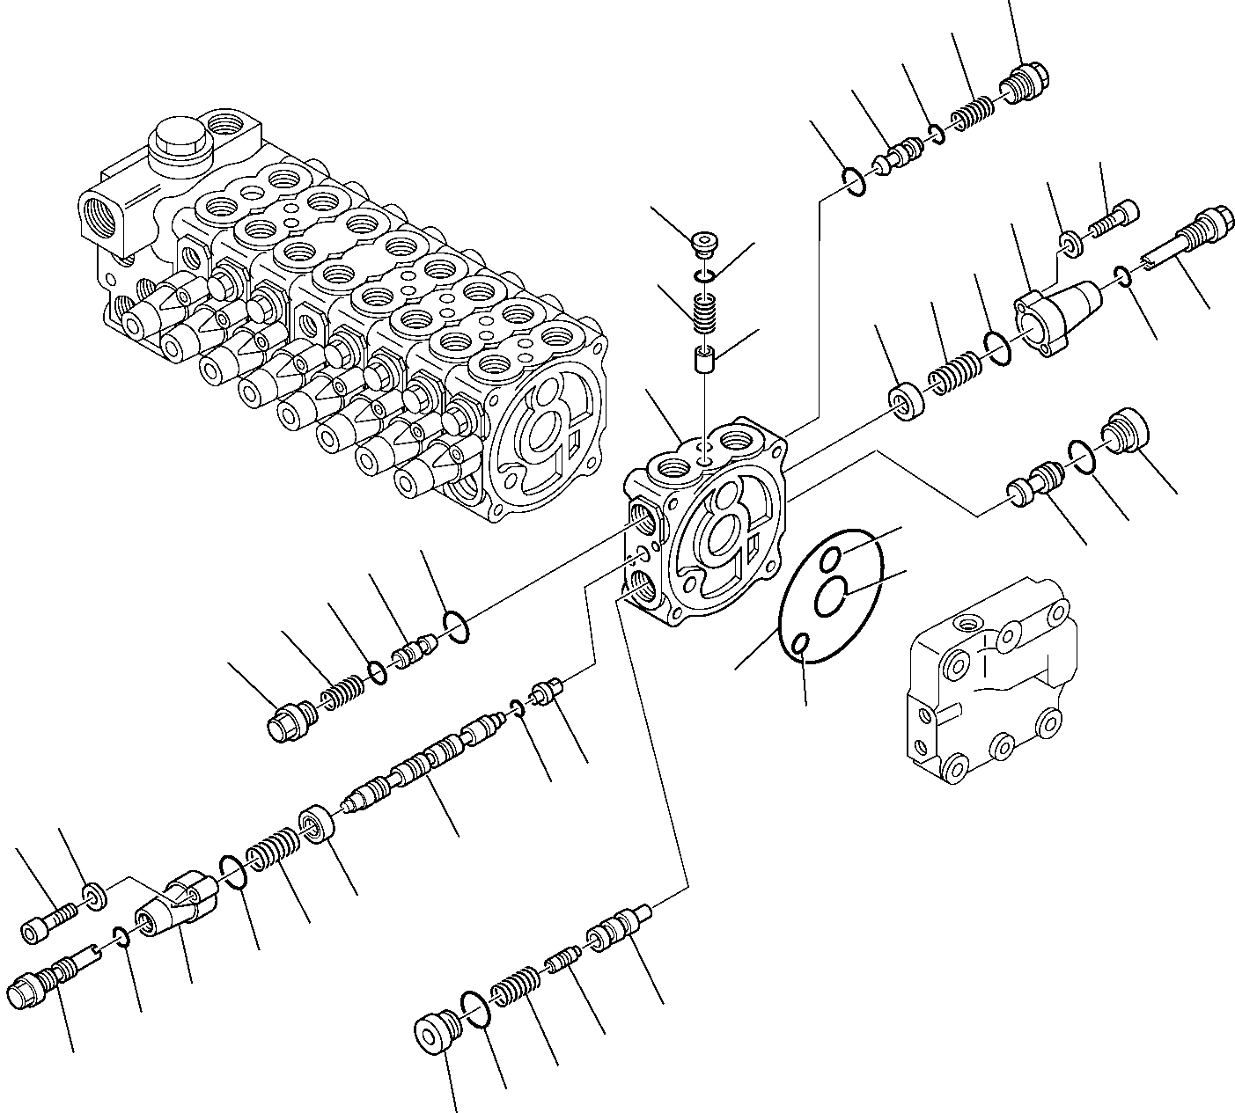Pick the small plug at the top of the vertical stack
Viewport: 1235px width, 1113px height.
click(703, 240)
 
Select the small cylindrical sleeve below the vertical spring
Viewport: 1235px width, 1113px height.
click(705, 360)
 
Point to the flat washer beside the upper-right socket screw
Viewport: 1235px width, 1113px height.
click(1070, 244)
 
